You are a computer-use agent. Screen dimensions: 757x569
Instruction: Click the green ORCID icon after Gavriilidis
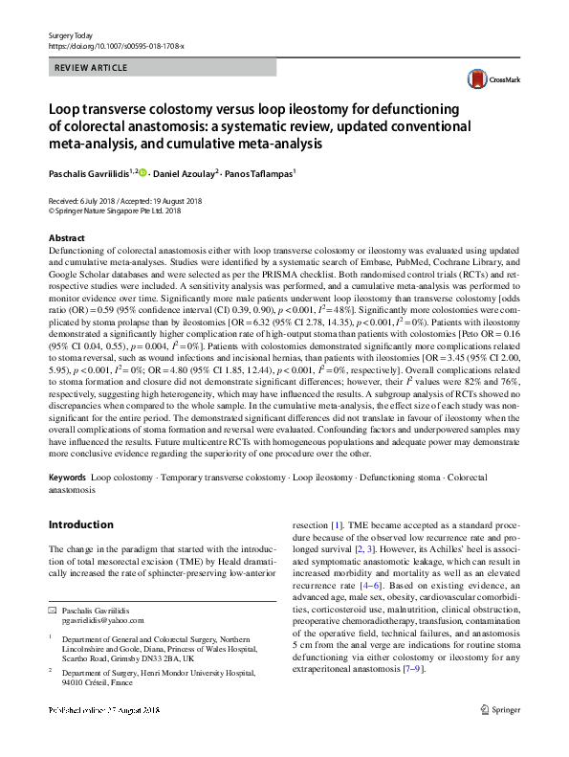[143, 172]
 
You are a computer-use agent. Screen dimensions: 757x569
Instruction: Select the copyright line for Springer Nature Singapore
[120, 212]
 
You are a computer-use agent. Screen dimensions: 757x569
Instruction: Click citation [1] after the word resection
[336, 525]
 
